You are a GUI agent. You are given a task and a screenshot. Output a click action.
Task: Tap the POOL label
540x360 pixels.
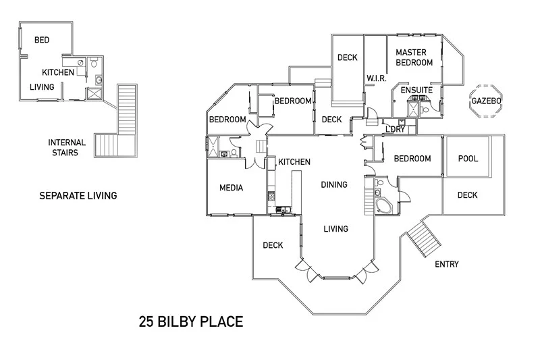(468, 159)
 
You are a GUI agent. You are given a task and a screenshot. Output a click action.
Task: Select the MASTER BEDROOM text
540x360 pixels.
(414, 57)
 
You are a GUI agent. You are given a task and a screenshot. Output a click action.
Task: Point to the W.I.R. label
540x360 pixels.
(376, 79)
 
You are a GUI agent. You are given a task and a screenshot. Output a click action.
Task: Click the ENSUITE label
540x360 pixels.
(416, 90)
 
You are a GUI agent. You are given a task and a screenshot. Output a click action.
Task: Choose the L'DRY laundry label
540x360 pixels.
(395, 129)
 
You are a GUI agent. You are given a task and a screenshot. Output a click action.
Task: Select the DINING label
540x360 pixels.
(334, 184)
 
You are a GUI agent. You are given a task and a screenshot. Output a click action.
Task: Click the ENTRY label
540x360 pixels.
(446, 264)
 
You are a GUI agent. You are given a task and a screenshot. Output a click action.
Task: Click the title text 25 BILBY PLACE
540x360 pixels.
(191, 322)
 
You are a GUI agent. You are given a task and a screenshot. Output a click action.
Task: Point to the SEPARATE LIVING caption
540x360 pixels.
(78, 196)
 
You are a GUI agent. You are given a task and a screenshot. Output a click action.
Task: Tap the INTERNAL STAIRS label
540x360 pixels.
(67, 147)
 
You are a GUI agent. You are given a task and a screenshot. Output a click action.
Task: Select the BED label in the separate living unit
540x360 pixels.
(42, 40)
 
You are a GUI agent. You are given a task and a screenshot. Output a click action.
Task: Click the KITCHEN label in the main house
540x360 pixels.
(294, 162)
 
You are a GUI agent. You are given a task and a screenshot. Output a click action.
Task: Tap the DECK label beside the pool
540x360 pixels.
(467, 195)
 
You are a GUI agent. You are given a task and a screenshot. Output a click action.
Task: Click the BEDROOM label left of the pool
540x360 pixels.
(412, 159)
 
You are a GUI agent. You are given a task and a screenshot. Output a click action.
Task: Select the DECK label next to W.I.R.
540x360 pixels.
(347, 57)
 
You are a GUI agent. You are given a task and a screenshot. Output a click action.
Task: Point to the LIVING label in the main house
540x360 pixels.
(335, 229)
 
